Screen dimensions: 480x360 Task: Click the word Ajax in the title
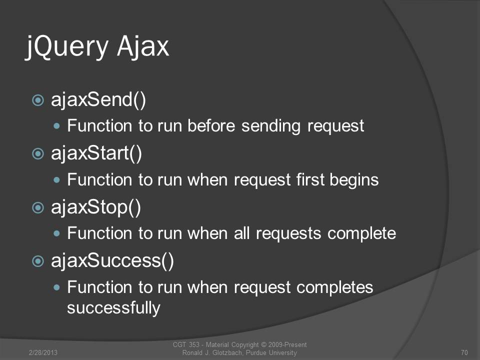coord(143,46)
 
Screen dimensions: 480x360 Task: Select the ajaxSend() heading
coord(98,100)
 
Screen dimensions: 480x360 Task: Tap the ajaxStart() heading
coord(96,153)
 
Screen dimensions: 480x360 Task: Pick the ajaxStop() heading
coord(96,207)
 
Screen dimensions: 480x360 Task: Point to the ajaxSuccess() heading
coord(112,261)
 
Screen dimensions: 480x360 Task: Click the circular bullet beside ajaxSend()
coord(38,100)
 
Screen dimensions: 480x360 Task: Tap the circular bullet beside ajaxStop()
coord(38,207)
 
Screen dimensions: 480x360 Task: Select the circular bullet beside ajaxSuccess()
coord(38,261)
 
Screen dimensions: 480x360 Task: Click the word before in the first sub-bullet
coord(211,125)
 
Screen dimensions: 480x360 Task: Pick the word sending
coord(271,126)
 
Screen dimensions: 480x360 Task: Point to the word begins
coord(354,180)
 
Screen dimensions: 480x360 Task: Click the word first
coord(310,179)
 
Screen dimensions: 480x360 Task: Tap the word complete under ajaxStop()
coord(362,234)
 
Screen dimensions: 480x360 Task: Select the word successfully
coord(113,307)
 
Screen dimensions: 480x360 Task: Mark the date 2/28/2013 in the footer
coord(43,352)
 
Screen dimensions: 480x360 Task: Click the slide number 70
coord(464,352)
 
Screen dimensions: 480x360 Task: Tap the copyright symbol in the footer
coord(264,344)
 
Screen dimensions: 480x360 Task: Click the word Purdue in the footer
coord(256,352)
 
